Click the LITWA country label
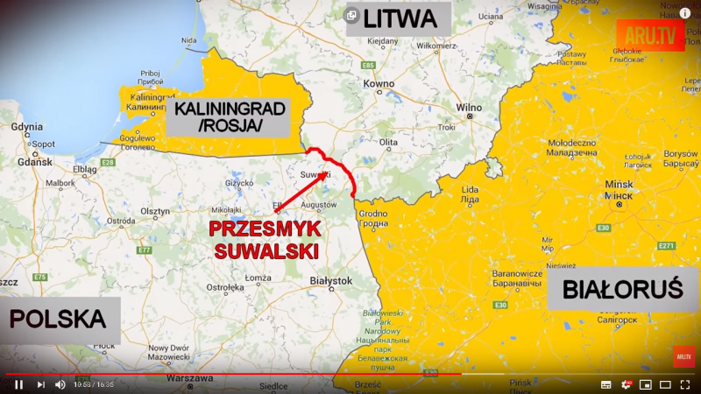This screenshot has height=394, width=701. click(x=398, y=18)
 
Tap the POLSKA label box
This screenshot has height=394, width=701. click(x=59, y=319)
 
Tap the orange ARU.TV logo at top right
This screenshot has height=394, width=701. click(x=650, y=35)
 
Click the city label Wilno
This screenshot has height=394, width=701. click(x=470, y=108)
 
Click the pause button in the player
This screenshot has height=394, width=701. click(x=18, y=383)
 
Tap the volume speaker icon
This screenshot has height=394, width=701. click(x=60, y=383)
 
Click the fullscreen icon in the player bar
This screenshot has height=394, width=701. click(x=685, y=383)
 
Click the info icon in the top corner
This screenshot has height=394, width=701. click(x=685, y=13)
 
